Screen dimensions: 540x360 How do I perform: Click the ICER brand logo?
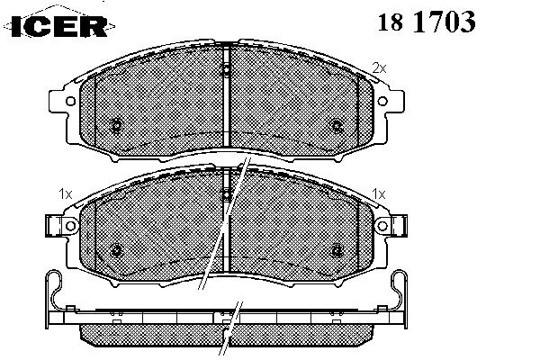click(x=58, y=25)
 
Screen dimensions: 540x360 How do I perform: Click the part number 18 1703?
click(x=427, y=22)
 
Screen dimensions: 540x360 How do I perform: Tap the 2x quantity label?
click(x=379, y=68)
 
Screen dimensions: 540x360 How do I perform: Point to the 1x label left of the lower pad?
click(x=65, y=194)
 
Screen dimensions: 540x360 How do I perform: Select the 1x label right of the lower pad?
click(x=379, y=194)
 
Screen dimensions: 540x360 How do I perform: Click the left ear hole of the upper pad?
click(x=70, y=102)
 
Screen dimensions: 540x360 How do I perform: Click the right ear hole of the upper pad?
click(x=382, y=101)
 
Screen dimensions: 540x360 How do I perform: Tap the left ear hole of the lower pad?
click(x=70, y=226)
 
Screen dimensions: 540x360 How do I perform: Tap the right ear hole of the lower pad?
click(x=382, y=226)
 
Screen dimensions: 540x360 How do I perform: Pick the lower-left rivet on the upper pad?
click(x=116, y=125)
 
